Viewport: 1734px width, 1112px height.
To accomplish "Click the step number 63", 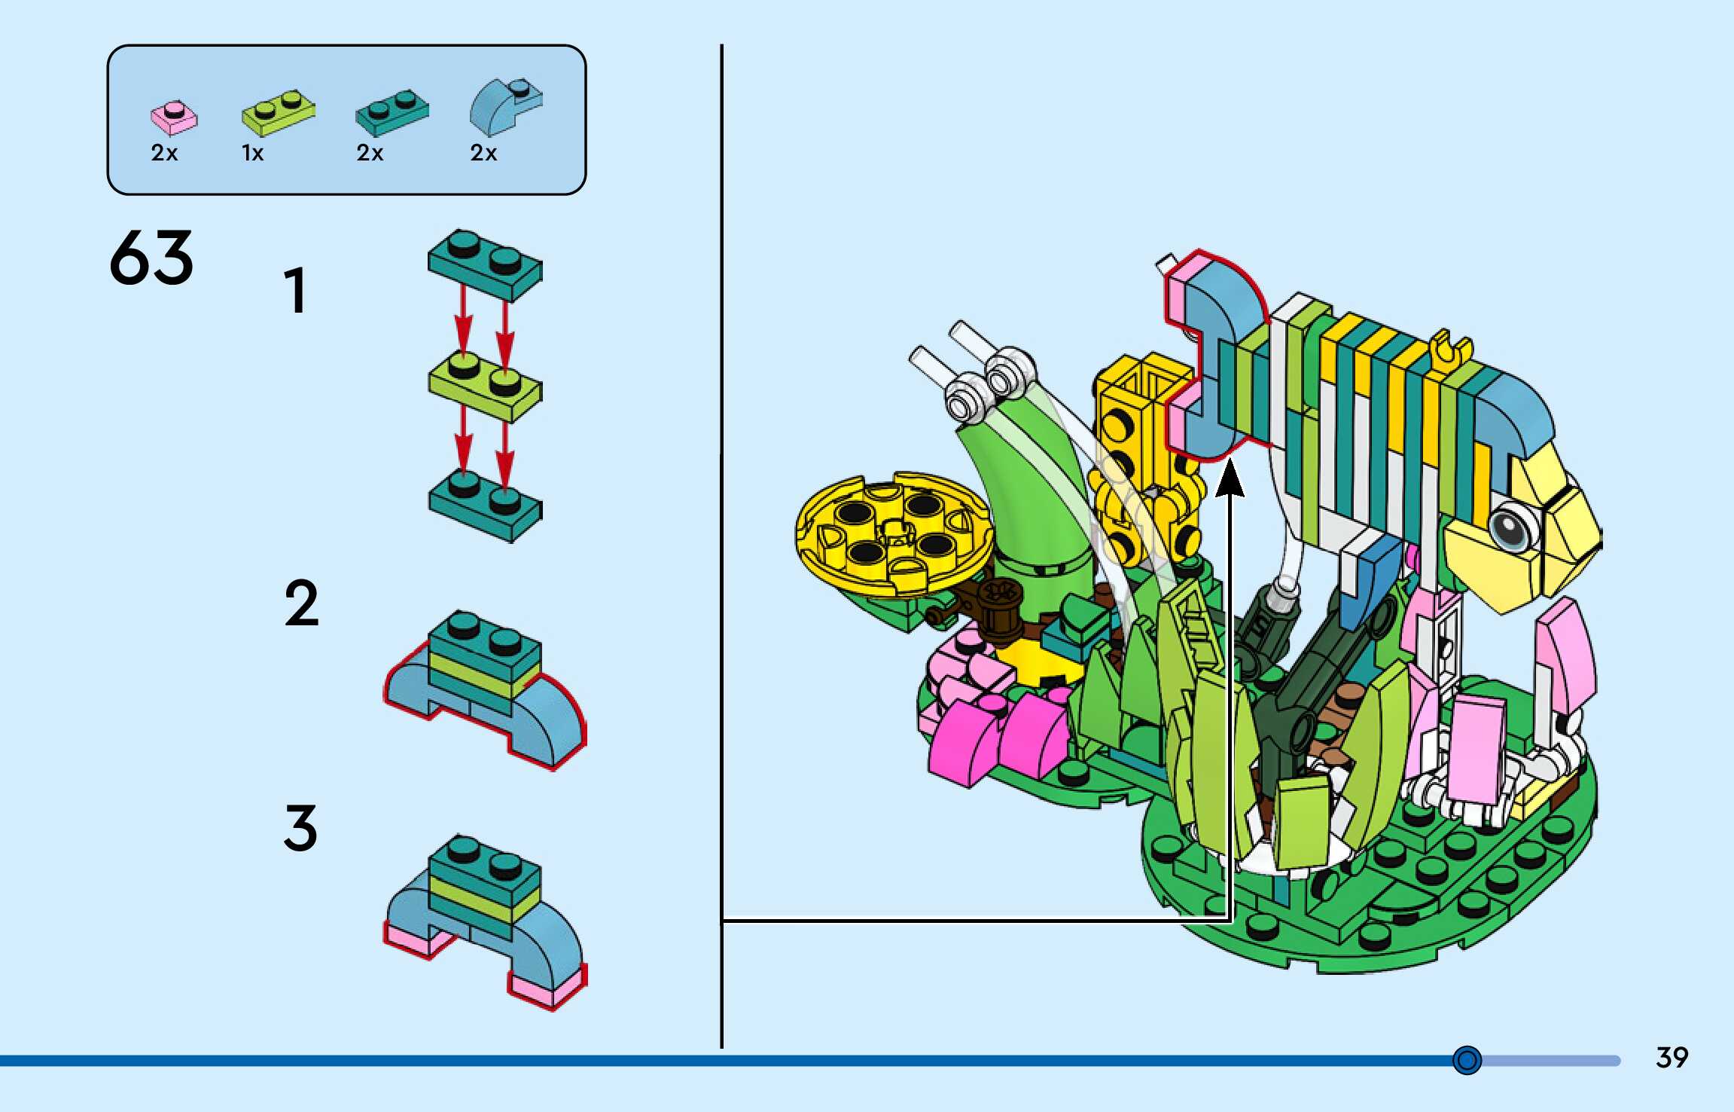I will (x=151, y=258).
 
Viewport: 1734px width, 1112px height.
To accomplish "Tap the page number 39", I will (x=1672, y=1058).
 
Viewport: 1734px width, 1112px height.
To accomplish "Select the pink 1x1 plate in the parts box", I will (x=174, y=118).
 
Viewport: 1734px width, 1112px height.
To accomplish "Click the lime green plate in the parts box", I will (x=278, y=113).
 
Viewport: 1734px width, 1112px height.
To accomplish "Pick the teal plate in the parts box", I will (x=392, y=112).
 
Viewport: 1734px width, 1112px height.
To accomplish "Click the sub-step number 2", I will (x=301, y=603).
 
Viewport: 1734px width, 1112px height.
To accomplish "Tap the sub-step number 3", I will (x=300, y=828).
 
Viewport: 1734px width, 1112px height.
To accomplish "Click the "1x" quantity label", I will (x=252, y=154).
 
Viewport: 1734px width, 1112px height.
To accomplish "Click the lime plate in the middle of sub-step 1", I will (x=485, y=386).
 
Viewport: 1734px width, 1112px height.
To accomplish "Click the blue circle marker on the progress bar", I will (x=1467, y=1060).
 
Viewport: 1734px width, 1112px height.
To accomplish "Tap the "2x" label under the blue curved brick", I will (x=483, y=154).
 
